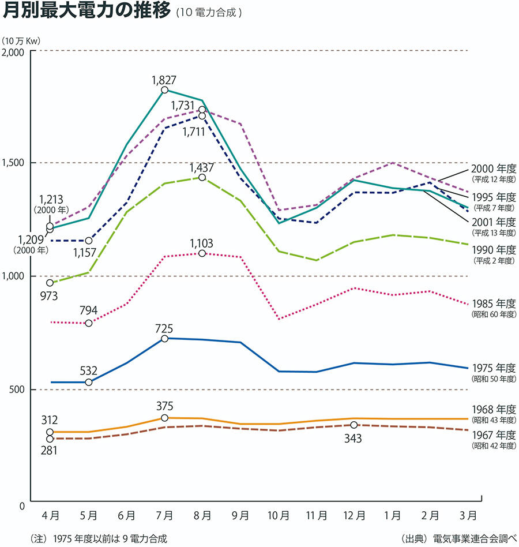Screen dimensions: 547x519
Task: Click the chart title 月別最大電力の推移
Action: pyautogui.click(x=88, y=11)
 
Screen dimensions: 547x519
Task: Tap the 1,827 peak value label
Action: pyautogui.click(x=164, y=80)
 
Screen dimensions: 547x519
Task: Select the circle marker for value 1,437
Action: pyautogui.click(x=202, y=177)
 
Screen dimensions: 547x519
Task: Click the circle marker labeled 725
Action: pyautogui.click(x=164, y=339)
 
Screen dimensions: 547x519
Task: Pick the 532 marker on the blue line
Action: pyautogui.click(x=89, y=383)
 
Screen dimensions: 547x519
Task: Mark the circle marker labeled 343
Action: pyautogui.click(x=354, y=425)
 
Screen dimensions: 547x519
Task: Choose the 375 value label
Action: pyautogui.click(x=164, y=406)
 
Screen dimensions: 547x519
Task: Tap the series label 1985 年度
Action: pyautogui.click(x=494, y=304)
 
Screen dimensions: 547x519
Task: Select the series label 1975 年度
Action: pyautogui.click(x=494, y=368)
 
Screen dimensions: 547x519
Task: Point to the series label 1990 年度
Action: pyautogui.click(x=494, y=250)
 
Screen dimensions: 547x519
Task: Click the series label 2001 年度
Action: pyautogui.click(x=494, y=222)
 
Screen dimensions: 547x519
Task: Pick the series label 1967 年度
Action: pyautogui.click(x=494, y=435)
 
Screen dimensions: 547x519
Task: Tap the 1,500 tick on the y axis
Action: pyautogui.click(x=14, y=163)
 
